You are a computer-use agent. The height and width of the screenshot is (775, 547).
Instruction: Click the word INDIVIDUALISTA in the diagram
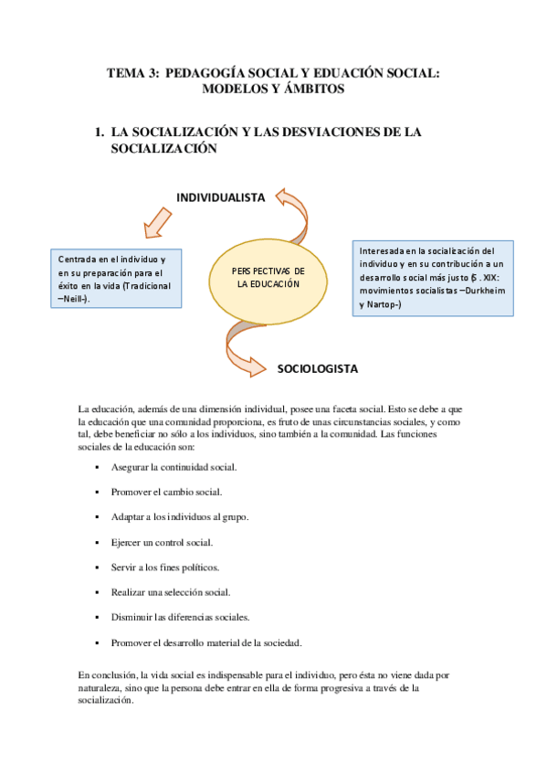(220, 196)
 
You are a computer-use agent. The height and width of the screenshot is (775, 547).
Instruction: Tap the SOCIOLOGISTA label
(317, 369)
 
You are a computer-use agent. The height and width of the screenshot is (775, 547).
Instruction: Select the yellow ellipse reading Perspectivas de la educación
(268, 278)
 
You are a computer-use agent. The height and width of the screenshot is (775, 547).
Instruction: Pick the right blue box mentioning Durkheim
(432, 278)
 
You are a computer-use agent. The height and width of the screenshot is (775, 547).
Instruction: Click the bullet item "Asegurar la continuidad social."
(174, 467)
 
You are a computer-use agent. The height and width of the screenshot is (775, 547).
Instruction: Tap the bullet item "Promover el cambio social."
(168, 492)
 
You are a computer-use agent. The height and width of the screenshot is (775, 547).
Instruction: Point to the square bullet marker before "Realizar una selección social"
(96, 592)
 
